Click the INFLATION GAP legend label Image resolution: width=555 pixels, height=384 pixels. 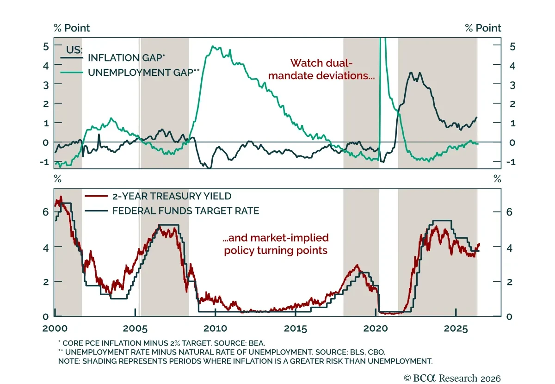(x=126, y=58)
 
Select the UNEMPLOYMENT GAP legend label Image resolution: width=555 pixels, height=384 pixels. (x=144, y=72)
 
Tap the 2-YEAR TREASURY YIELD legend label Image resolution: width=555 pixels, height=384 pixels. (x=172, y=196)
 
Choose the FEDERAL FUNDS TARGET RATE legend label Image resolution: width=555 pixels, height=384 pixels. (x=185, y=211)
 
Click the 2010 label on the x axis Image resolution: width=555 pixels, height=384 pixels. (x=216, y=328)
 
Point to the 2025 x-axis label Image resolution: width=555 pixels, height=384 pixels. (x=456, y=328)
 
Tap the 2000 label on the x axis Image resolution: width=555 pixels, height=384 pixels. (x=55, y=328)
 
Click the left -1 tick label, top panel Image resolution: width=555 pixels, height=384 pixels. (x=44, y=162)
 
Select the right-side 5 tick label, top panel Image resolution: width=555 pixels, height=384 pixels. (x=512, y=47)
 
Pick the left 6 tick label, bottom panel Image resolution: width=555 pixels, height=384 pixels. (x=46, y=212)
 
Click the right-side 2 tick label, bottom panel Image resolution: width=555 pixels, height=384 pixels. (x=509, y=282)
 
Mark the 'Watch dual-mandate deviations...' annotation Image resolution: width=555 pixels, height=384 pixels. (x=321, y=69)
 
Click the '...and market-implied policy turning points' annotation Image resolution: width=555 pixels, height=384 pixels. (x=276, y=244)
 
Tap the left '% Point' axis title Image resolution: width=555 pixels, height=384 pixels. (x=72, y=28)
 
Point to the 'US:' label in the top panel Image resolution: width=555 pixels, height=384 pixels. (x=74, y=50)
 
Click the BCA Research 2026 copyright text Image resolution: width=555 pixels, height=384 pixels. (x=452, y=378)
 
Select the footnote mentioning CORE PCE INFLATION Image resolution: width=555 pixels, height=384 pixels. (x=161, y=343)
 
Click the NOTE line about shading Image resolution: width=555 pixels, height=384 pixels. (x=245, y=361)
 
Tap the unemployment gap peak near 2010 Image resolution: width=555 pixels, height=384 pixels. (x=213, y=46)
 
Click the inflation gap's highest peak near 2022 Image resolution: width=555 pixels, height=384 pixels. (x=411, y=72)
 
